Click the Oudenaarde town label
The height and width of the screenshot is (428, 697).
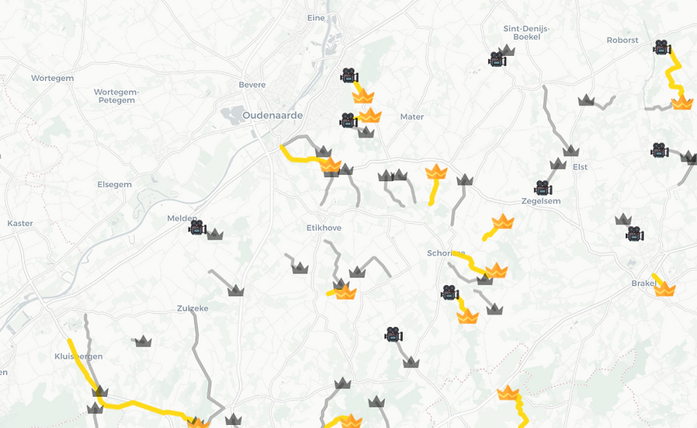coord(272,115)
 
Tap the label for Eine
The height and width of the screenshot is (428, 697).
coord(316,17)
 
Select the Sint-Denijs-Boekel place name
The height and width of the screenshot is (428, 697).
coord(527,33)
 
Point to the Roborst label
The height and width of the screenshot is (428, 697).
coord(622,40)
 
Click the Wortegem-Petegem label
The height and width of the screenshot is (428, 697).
coord(114,96)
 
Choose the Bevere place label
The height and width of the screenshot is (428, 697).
coord(252,85)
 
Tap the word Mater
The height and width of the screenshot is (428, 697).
coord(412,117)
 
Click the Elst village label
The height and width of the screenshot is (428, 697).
coord(580,167)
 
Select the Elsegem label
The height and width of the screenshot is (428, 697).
coord(114,185)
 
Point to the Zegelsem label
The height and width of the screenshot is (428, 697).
coord(541,201)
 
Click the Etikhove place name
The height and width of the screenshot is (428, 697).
coord(325,228)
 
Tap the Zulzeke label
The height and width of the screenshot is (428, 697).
coord(192,308)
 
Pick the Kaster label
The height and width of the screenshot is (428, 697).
coord(20,224)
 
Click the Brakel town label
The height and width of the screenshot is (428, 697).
coord(643,284)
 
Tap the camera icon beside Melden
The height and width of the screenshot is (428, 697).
coord(196,228)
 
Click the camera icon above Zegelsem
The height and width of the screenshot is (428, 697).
coord(543,188)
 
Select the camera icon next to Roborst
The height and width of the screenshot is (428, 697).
coord(661,47)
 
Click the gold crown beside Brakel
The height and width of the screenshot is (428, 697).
coord(665,289)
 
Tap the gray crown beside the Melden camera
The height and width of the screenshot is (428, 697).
coord(215,234)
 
